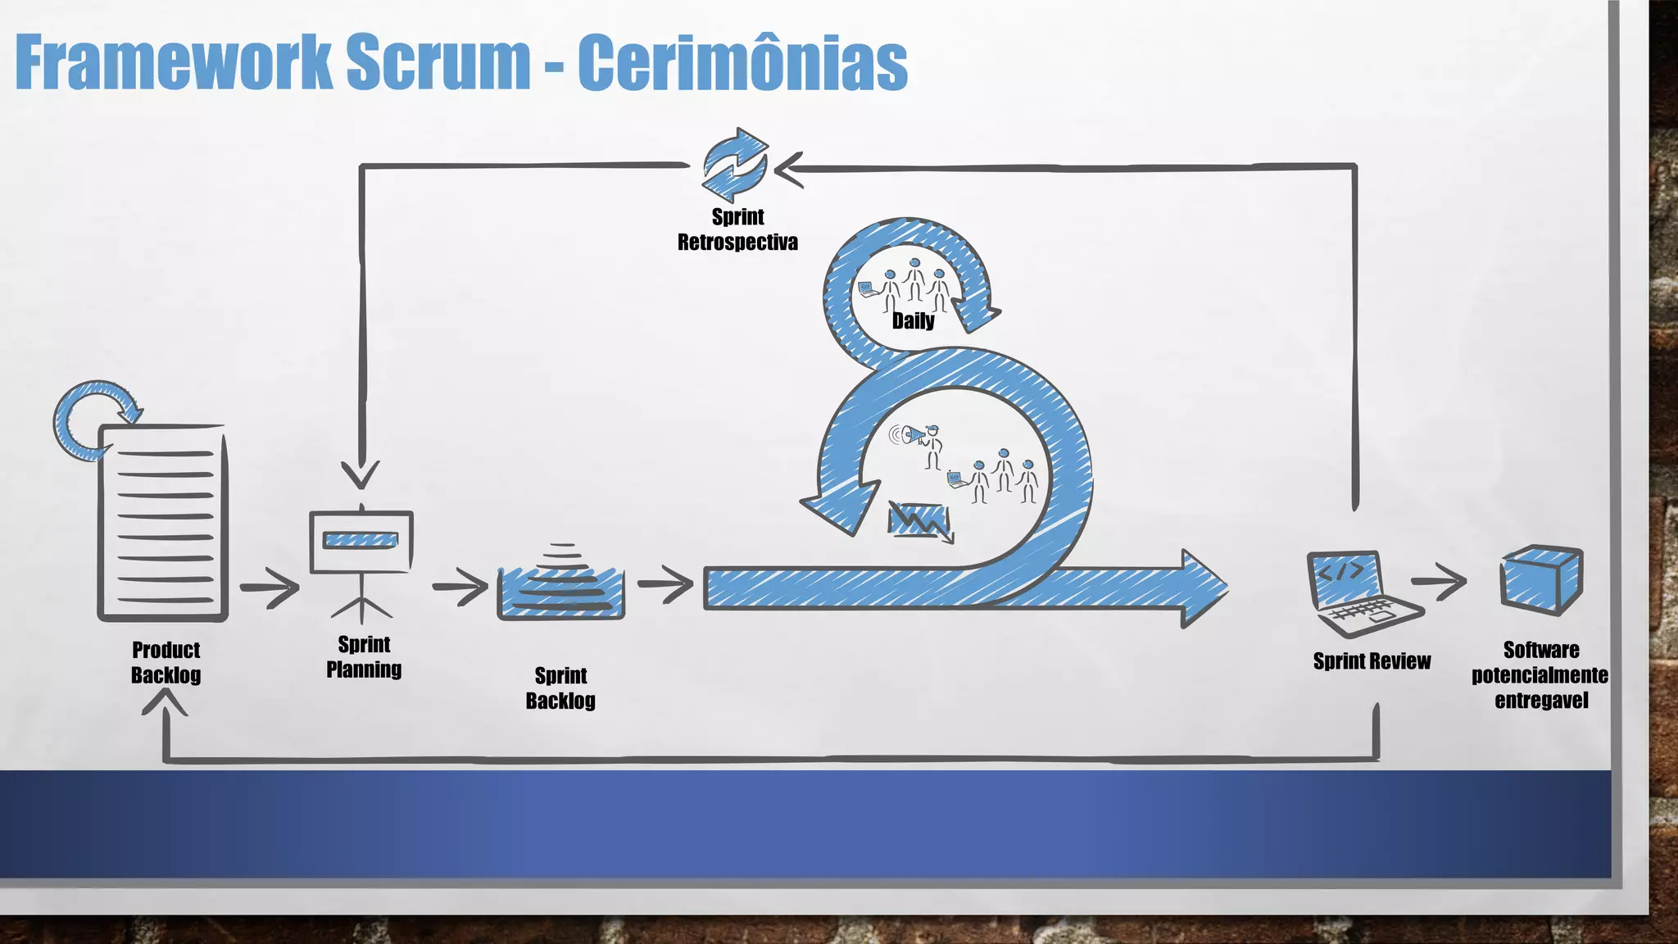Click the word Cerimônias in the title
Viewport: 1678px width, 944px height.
pos(742,63)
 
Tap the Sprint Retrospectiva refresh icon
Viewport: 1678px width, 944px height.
pos(735,165)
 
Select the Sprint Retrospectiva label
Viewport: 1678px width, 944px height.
pos(737,229)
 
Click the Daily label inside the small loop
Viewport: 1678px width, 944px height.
pos(913,320)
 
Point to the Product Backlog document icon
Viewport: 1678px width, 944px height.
pos(163,522)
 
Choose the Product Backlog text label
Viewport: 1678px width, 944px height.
pos(166,662)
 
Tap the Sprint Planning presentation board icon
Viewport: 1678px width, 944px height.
pos(361,545)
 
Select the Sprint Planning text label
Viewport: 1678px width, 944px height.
pos(364,656)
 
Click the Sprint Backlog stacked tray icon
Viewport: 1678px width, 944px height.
pos(561,584)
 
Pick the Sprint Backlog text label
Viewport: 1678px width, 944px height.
pos(560,688)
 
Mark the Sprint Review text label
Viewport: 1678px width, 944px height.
pos(1372,661)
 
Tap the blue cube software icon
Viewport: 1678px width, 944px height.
pos(1540,580)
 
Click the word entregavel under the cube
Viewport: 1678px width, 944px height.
pos(1541,701)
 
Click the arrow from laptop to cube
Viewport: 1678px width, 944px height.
pos(1438,581)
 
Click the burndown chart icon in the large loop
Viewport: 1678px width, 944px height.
pos(920,520)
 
